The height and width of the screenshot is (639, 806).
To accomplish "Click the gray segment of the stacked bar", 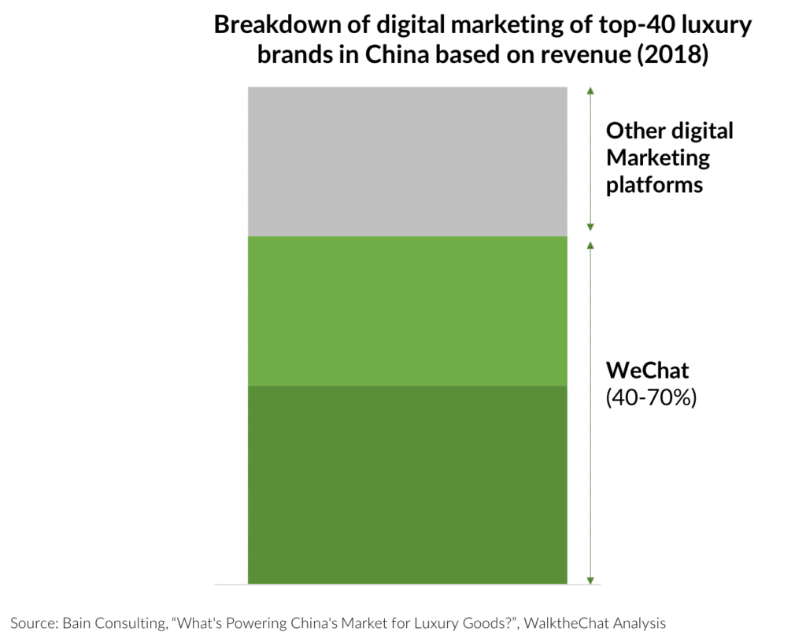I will (x=407, y=161).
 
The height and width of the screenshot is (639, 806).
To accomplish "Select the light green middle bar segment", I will (x=407, y=311).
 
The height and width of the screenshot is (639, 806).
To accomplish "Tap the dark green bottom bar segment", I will (x=407, y=484).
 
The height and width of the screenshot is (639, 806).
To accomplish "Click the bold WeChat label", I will (x=646, y=371).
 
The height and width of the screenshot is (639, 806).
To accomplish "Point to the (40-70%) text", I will (x=652, y=398).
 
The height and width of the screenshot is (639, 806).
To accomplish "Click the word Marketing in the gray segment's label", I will (x=658, y=158).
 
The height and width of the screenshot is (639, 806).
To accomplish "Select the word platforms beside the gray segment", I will (x=654, y=186).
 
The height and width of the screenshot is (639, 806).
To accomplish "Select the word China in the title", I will (x=379, y=57).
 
